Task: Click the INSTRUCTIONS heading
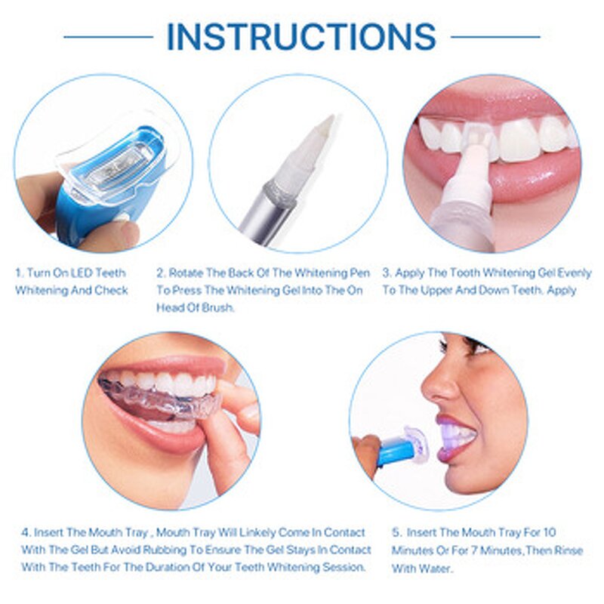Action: point(301,36)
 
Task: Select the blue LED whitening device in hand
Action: point(113,181)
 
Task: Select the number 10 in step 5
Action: point(550,533)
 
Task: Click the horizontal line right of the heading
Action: point(495,36)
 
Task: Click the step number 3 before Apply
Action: point(386,273)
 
